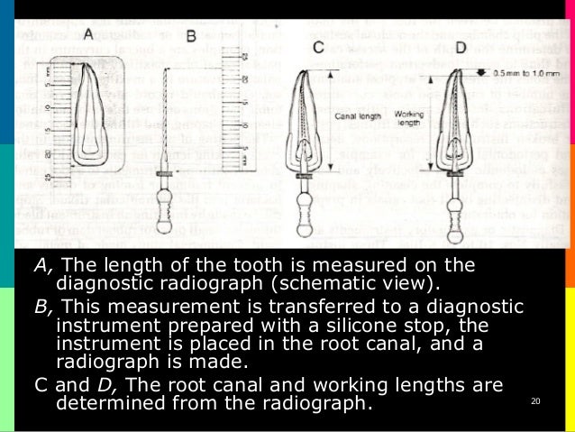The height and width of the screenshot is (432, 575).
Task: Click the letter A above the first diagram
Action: (87, 33)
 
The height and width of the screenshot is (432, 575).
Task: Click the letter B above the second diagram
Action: (190, 37)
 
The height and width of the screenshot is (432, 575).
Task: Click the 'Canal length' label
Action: (352, 115)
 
